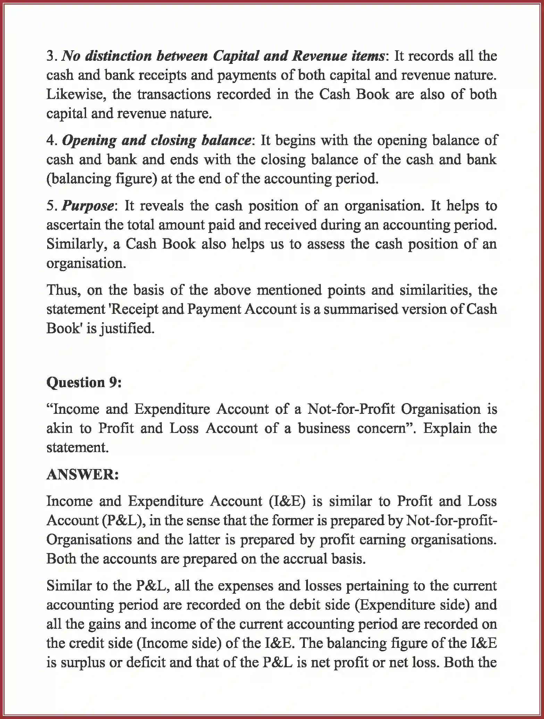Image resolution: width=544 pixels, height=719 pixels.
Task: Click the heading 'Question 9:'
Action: click(x=84, y=382)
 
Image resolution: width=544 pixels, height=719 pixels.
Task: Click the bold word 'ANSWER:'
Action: click(x=83, y=474)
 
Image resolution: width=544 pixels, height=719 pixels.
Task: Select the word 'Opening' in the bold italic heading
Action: click(x=89, y=140)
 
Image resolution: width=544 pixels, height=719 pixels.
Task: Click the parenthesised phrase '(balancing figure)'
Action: click(x=102, y=179)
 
